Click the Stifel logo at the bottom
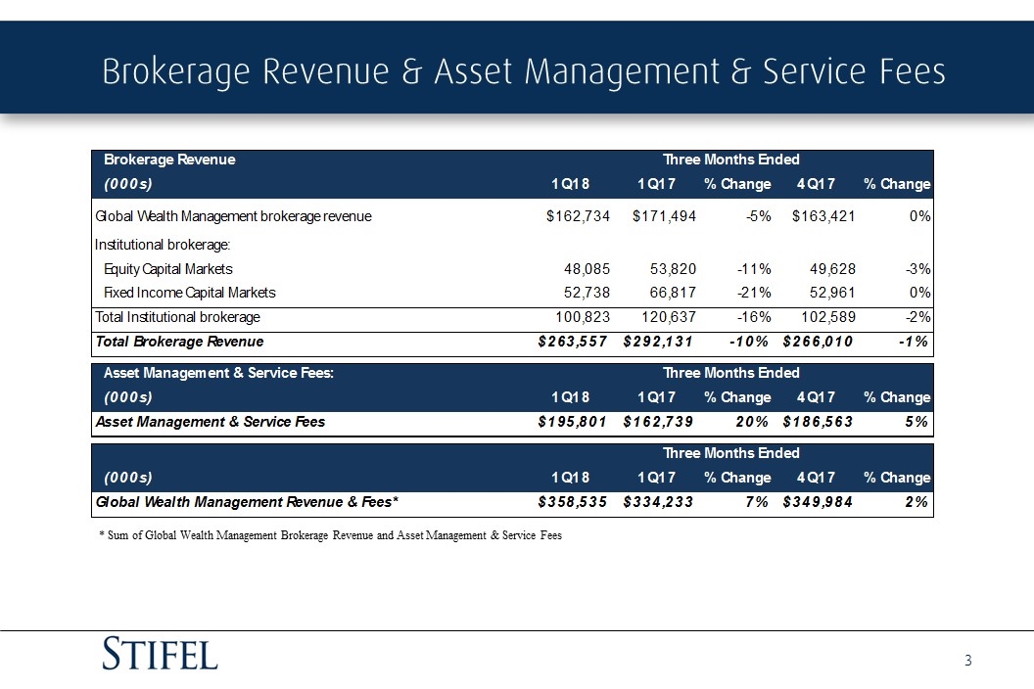coord(161,653)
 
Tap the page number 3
coord(967,662)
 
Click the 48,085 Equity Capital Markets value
coord(586,268)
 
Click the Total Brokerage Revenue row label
coord(178,342)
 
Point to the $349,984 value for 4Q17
coord(819,502)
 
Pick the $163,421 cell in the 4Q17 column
coord(822,216)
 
